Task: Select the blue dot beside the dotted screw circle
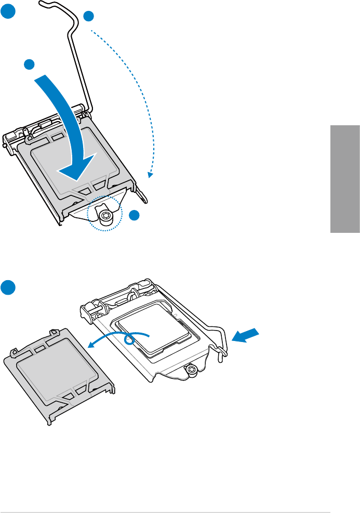click(x=135, y=215)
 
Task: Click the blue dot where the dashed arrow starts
click(x=89, y=16)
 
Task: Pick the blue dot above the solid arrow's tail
click(x=30, y=64)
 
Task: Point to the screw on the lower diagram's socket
click(x=192, y=370)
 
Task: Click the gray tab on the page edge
click(x=344, y=179)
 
